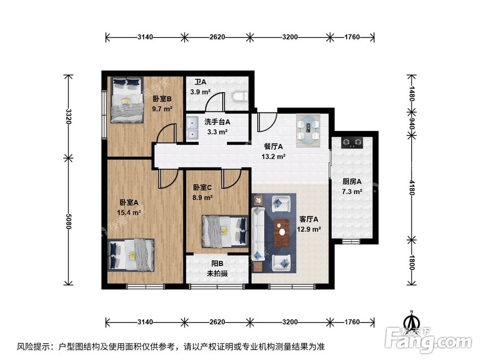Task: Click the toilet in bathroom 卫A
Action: [239, 98]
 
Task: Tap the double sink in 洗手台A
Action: [193, 127]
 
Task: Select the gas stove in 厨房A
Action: [352, 143]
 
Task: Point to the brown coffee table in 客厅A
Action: [280, 232]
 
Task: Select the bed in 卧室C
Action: [224, 231]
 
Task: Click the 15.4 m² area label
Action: [130, 212]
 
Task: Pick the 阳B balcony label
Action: [217, 264]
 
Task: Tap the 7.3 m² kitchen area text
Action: [352, 191]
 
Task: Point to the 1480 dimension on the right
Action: [411, 93]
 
